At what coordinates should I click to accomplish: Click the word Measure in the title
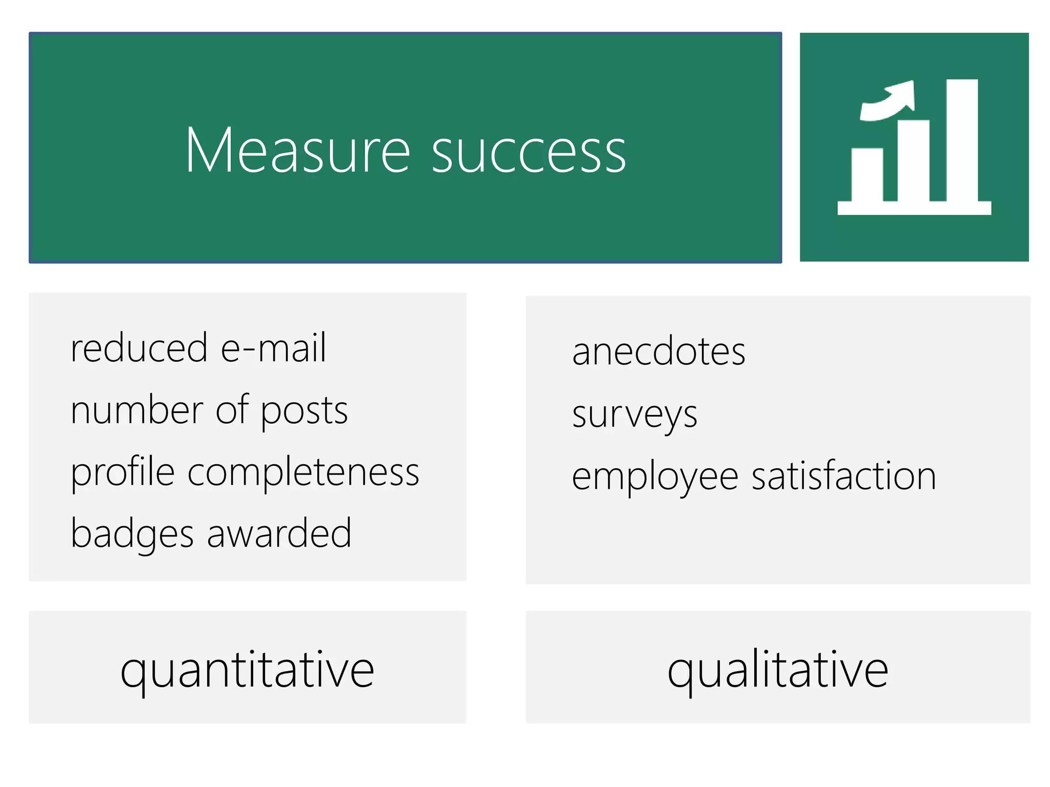coord(297,151)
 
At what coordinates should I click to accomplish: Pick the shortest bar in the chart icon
coord(867,174)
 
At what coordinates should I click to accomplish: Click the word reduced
coord(139,348)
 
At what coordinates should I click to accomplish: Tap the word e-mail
coord(273,348)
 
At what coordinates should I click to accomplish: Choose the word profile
coord(123,472)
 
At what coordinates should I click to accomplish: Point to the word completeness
coord(304,472)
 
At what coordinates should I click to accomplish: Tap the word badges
coord(132,534)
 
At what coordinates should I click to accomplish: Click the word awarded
coord(279,533)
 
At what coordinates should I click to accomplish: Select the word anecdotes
coord(659,352)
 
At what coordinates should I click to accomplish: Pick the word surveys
coord(635,415)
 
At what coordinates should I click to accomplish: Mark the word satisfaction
coord(844,476)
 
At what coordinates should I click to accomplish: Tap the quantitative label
coord(248,670)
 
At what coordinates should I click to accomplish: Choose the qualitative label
coord(778,670)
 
